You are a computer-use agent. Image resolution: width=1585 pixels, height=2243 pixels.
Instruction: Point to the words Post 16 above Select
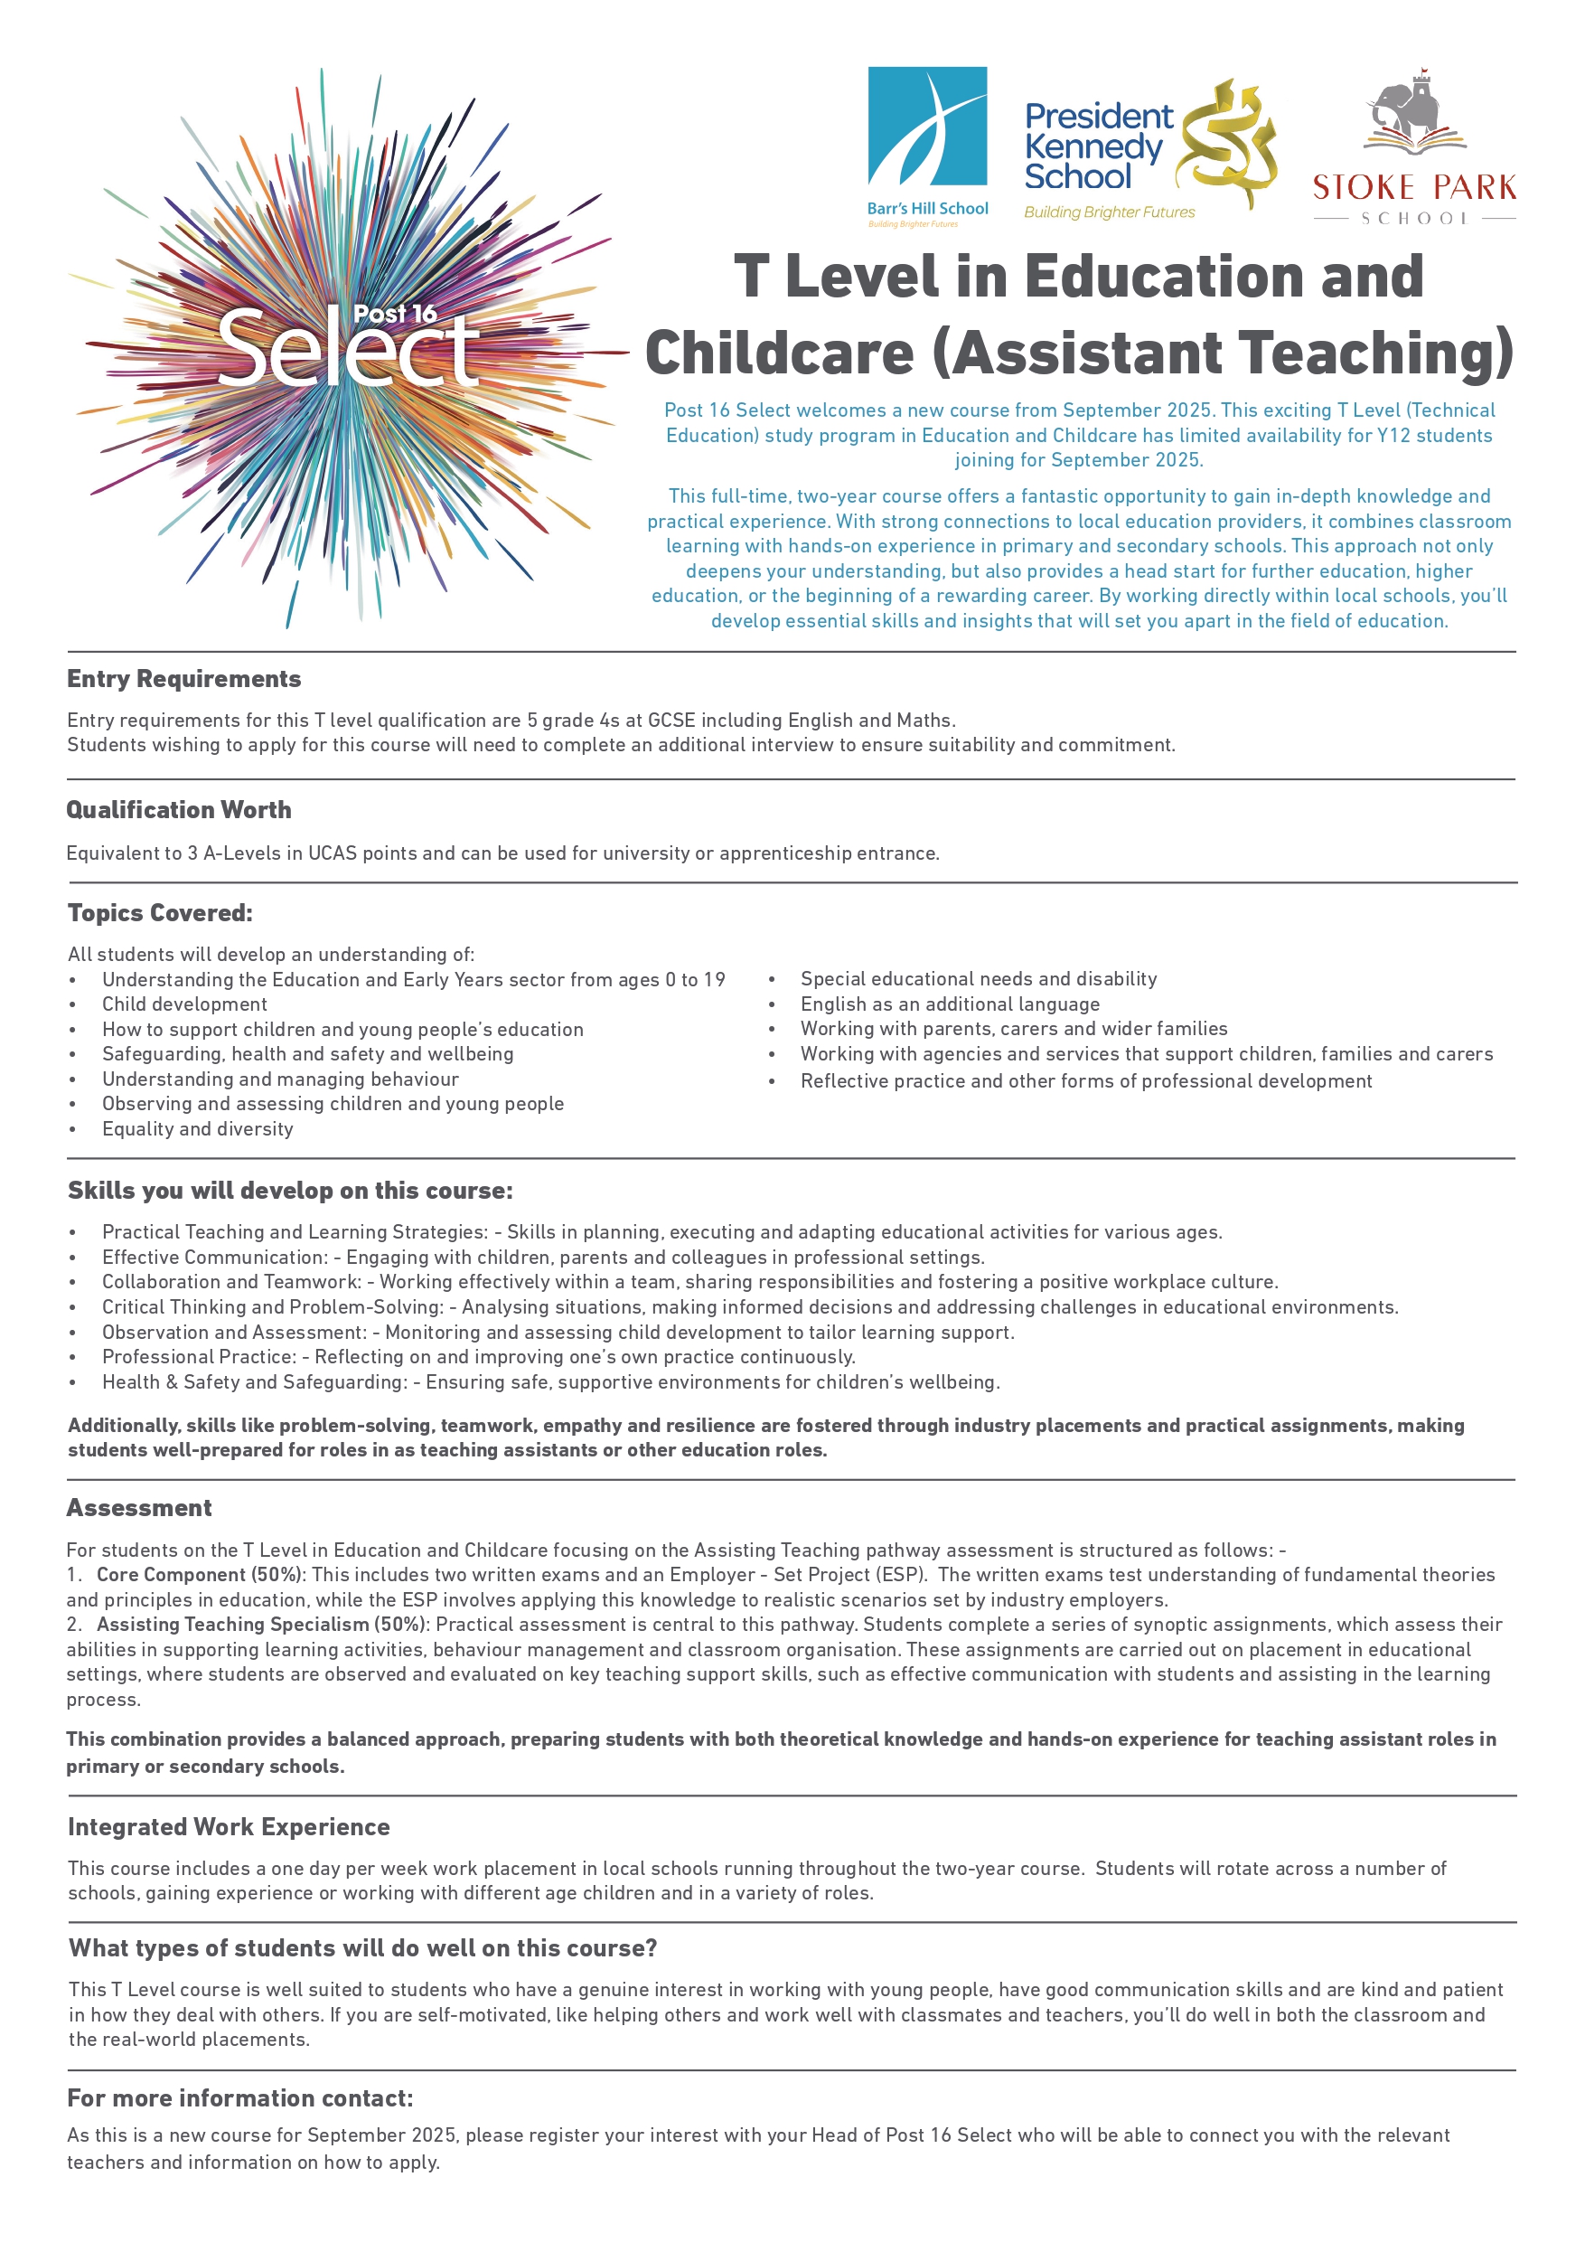[x=395, y=314]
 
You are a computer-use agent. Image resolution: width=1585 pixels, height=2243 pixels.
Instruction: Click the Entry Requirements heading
[x=183, y=679]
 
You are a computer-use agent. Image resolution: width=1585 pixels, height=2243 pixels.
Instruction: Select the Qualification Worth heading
[x=179, y=810]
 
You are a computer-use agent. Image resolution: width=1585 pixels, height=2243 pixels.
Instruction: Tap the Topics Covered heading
[x=160, y=912]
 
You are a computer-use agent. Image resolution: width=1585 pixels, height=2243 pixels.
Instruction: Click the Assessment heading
[x=138, y=1507]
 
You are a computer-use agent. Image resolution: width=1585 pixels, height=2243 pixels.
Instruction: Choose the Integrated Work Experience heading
[x=229, y=1827]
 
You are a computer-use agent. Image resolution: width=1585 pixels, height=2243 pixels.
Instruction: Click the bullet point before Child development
[x=73, y=1005]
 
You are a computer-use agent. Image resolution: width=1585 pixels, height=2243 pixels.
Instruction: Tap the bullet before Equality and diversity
[x=73, y=1129]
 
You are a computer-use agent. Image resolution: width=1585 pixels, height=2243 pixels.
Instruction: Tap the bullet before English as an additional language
[x=772, y=1004]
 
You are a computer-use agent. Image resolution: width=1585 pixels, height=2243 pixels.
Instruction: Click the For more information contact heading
[x=240, y=2098]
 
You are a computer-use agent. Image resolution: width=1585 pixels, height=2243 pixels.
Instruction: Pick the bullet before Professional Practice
[x=73, y=1357]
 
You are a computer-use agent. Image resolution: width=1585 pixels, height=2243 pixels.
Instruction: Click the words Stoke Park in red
[x=1413, y=186]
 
